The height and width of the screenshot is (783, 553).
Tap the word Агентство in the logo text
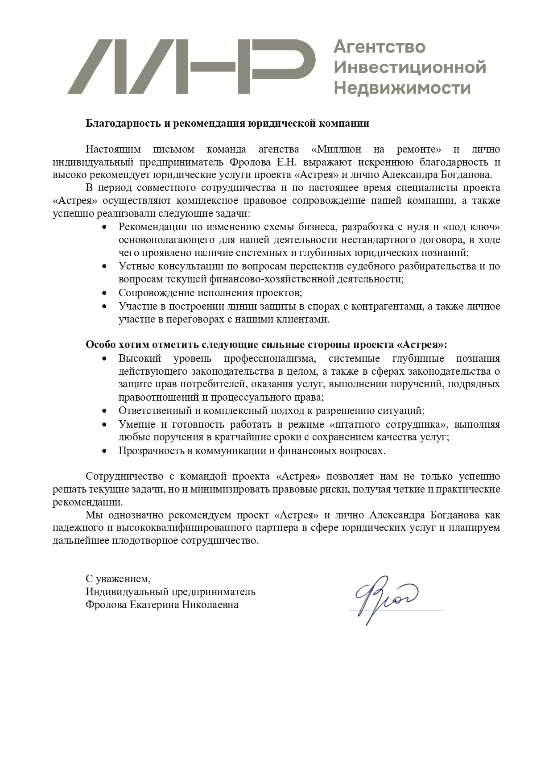[x=379, y=46]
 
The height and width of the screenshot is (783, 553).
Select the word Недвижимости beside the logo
[x=402, y=87]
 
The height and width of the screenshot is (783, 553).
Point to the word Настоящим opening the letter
[x=113, y=149]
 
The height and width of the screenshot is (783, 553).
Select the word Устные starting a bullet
[x=134, y=266]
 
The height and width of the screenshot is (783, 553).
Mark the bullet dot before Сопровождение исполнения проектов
[x=105, y=293]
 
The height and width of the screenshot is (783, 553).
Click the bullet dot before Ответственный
[x=105, y=410]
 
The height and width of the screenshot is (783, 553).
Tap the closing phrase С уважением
[x=118, y=579]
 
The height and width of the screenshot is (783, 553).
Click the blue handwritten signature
[x=384, y=598]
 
